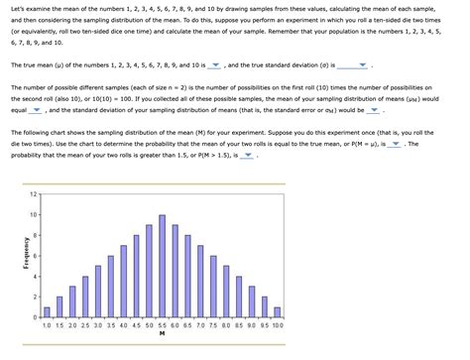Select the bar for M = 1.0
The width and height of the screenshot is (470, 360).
(47, 311)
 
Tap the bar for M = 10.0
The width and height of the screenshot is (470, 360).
(277, 311)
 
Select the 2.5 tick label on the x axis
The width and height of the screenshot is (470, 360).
(84, 325)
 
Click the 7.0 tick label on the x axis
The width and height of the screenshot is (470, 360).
(200, 325)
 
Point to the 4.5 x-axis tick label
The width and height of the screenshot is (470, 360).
(136, 325)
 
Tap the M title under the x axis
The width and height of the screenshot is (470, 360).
(161, 334)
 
